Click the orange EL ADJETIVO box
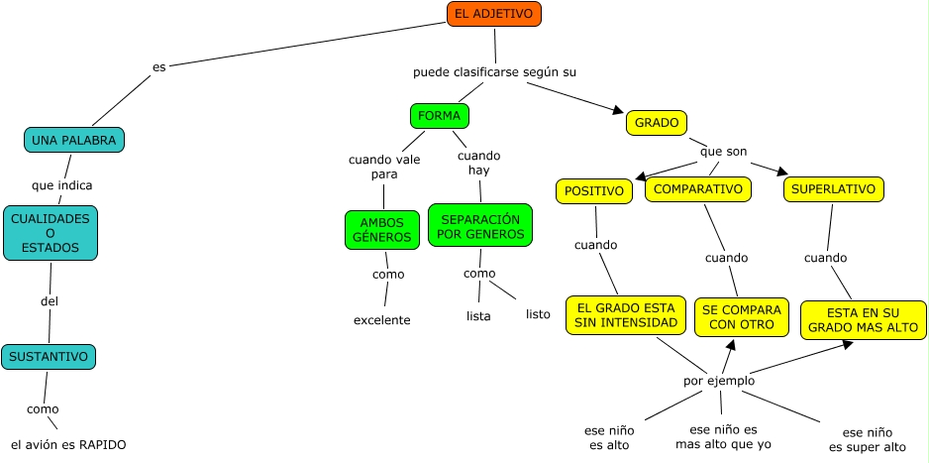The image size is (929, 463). click(493, 14)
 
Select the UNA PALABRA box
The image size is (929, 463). click(74, 140)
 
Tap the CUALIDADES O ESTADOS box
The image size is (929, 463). click(51, 233)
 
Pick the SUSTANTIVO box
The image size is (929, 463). click(49, 357)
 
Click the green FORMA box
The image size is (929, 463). click(439, 116)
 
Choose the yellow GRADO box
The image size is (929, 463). click(657, 123)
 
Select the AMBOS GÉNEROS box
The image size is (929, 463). click(382, 230)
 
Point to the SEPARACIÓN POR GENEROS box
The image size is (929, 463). click(480, 226)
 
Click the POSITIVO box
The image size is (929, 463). click(594, 190)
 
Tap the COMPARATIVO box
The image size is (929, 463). click(698, 188)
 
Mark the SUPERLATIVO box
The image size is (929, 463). click(833, 188)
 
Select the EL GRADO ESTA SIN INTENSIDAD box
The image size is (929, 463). click(627, 315)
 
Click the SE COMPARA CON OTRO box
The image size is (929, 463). click(742, 316)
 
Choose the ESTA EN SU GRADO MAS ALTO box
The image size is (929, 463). click(863, 320)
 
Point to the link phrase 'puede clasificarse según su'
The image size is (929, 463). click(494, 72)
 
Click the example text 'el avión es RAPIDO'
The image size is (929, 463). click(68, 445)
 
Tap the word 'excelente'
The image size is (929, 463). click(381, 320)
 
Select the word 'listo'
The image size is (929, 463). click(538, 314)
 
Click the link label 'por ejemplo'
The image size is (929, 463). click(719, 381)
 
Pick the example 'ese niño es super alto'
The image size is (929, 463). click(867, 440)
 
